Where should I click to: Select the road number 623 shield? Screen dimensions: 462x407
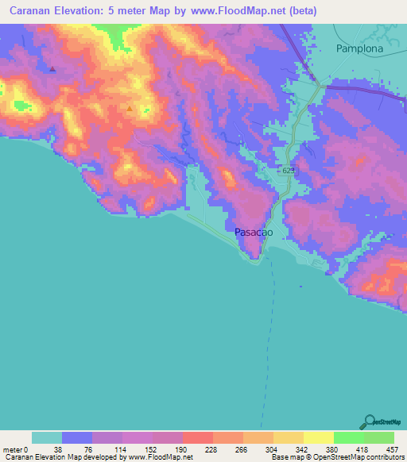coord(289,171)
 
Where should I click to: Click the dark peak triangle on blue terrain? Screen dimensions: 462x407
coord(52,68)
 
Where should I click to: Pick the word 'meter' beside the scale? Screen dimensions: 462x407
coord(12,449)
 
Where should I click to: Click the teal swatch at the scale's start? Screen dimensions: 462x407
coord(46,437)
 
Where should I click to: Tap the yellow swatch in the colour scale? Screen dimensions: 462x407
coord(318,437)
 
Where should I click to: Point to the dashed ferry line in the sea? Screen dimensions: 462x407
coord(267,341)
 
